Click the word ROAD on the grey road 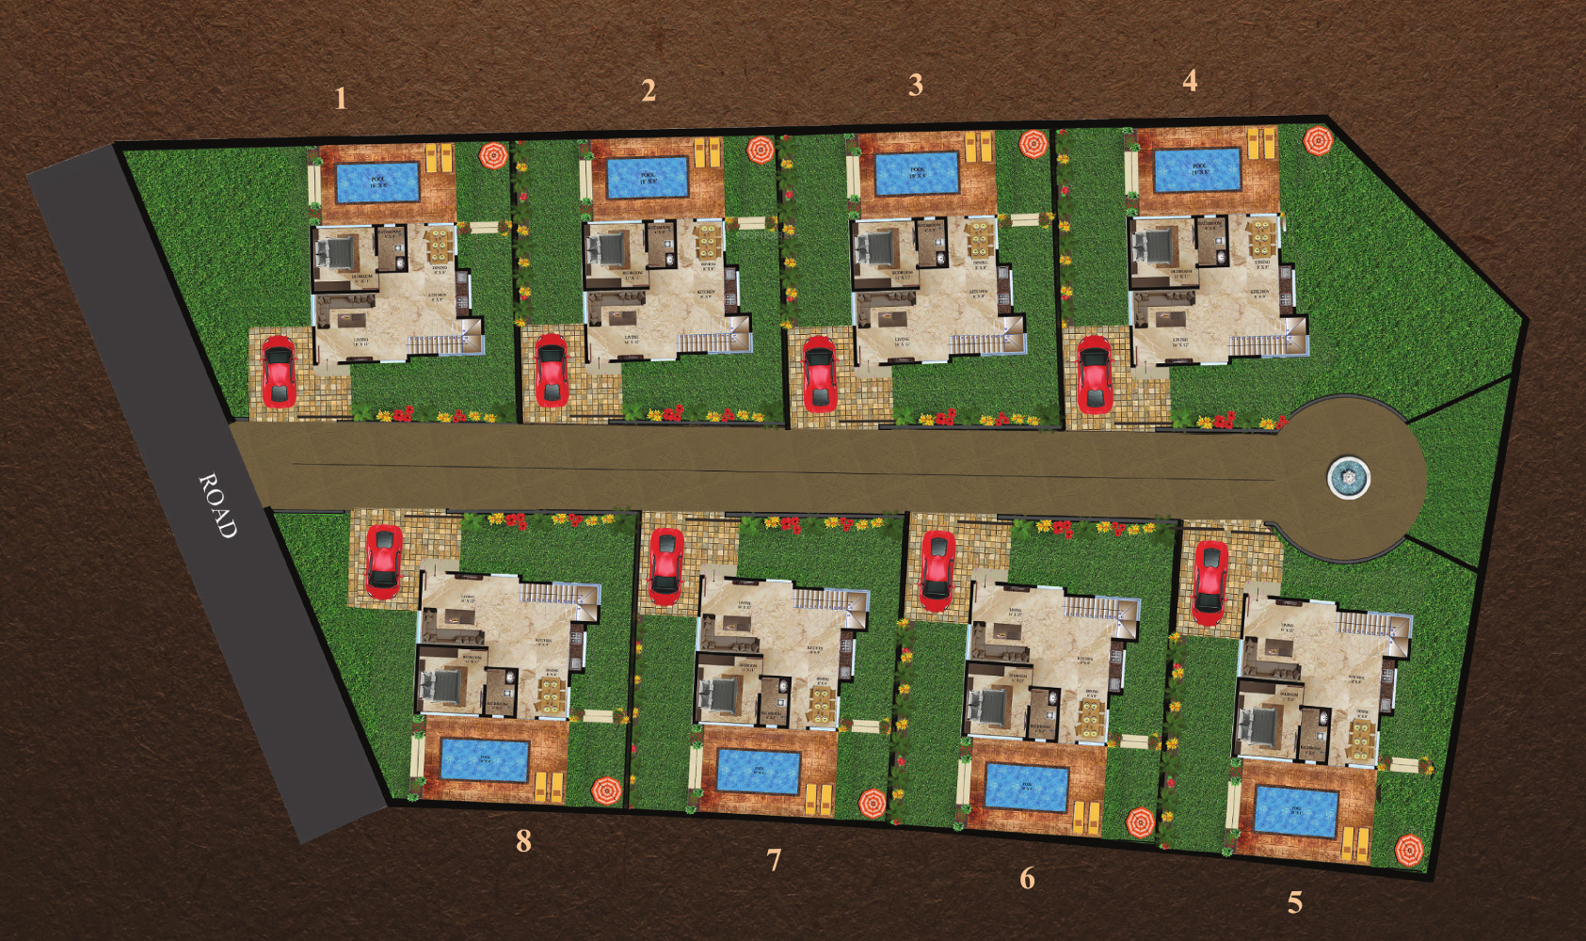[x=217, y=505]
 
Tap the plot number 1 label [x=341, y=98]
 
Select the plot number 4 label [x=1190, y=81]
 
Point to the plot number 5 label [x=1295, y=903]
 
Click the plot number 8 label [x=523, y=840]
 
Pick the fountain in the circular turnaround [x=1348, y=478]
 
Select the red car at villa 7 [x=666, y=565]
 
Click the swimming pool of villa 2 [x=647, y=178]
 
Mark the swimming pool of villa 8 [x=485, y=760]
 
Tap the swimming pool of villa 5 [x=1296, y=811]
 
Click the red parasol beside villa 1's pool [x=493, y=155]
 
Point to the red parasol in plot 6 [x=1141, y=821]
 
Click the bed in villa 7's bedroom [x=723, y=695]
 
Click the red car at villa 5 [x=1210, y=581]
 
